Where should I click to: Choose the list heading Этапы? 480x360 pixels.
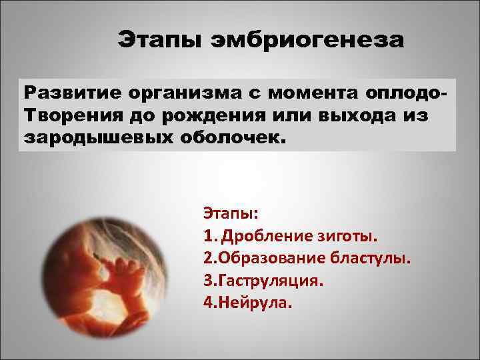tap(231, 215)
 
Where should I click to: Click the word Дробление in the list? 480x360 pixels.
tap(264, 236)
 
